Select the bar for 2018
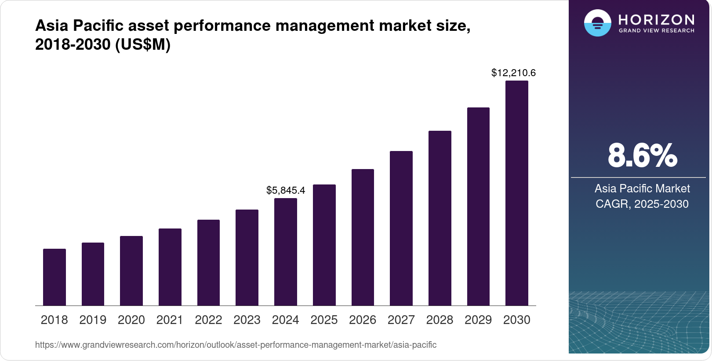coord(54,277)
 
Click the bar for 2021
coord(170,267)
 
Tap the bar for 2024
coord(286,252)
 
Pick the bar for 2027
coord(401,228)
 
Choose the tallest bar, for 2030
coord(517,193)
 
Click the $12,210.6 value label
coord(513,73)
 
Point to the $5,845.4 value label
coord(286,190)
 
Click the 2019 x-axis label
coord(93,320)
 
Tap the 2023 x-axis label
coord(247,320)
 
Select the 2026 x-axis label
coord(363,320)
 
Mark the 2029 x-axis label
coord(478,320)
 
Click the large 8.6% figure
coord(642,155)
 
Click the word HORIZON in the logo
coord(656,19)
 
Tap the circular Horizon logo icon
coord(597,23)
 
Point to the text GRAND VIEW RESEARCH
coord(656,31)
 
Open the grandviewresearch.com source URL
coord(236,345)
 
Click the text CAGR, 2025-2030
coord(642,204)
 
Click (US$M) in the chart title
coord(142,44)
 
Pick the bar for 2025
coord(324,245)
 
